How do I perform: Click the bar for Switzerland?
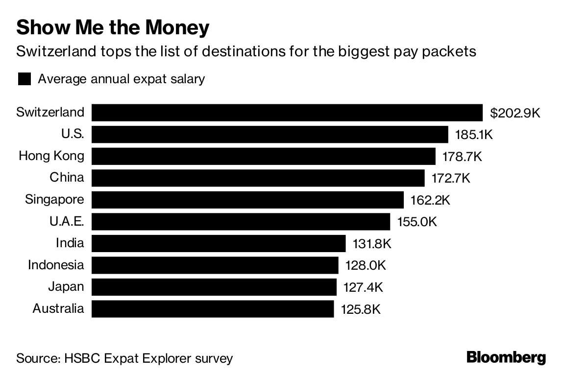(x=287, y=113)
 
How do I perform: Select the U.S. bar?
(x=270, y=135)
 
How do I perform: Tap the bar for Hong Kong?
(x=264, y=157)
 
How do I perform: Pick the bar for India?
(x=219, y=243)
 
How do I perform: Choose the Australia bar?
(x=213, y=309)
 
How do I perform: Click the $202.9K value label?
(x=515, y=113)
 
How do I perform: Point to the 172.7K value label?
(x=451, y=178)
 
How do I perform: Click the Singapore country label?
(x=54, y=200)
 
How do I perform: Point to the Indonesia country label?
(x=56, y=265)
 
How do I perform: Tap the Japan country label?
(x=66, y=287)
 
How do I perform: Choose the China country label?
(x=67, y=178)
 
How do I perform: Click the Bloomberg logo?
(x=506, y=357)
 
